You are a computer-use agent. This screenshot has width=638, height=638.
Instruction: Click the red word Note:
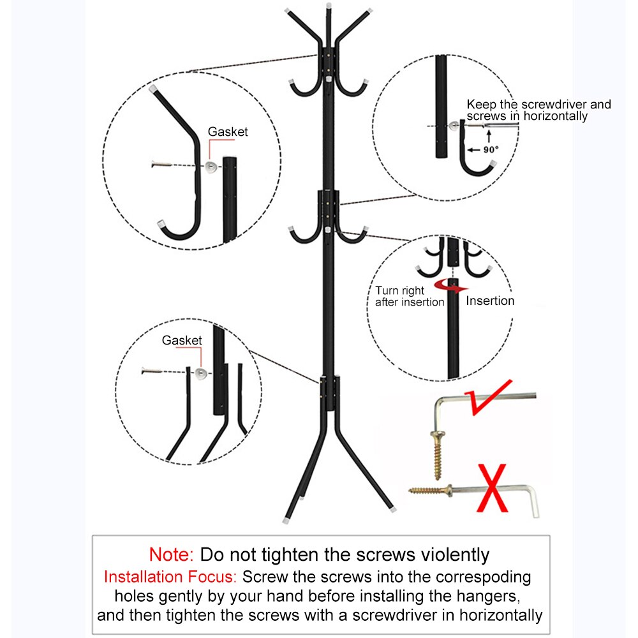click(172, 554)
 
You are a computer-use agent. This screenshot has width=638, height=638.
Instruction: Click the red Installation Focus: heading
click(170, 577)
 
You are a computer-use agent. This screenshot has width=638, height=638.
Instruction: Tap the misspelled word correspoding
click(482, 577)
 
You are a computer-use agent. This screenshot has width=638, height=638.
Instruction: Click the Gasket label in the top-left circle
click(228, 132)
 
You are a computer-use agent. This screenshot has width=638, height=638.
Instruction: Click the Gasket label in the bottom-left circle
click(182, 341)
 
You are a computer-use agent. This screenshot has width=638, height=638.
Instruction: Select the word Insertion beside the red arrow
click(490, 301)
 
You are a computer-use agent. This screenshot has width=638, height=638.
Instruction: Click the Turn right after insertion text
click(409, 296)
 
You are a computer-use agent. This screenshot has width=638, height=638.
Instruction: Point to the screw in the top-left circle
click(167, 165)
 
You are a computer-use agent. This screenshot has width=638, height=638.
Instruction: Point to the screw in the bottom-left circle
click(155, 369)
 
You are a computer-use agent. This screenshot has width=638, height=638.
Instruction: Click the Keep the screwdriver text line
click(538, 104)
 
